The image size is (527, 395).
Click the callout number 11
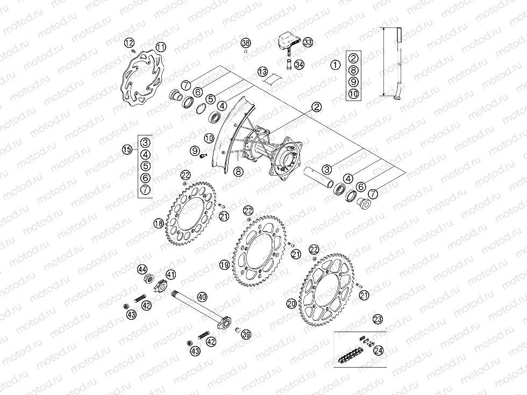pos(161,47)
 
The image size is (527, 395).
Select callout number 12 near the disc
pos(129,42)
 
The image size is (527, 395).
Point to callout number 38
pos(245,42)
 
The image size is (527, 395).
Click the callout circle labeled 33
pos(308,42)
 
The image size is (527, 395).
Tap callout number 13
pos(262,71)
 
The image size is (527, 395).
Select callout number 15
pos(127,150)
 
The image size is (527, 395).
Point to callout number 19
pos(224,264)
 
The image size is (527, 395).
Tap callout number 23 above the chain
pos(378,319)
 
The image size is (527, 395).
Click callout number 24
pos(379,350)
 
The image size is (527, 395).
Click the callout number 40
pos(202,296)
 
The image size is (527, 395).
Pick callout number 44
pos(142,269)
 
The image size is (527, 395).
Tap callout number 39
pos(246,334)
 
